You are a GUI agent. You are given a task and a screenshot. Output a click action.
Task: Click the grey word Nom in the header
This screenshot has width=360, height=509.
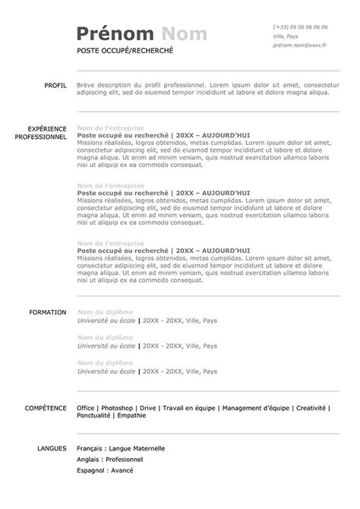tap(185, 34)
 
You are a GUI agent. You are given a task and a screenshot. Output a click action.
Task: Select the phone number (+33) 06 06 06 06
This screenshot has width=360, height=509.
tap(300, 27)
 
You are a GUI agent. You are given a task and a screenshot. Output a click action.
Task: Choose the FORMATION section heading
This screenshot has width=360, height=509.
tap(48, 312)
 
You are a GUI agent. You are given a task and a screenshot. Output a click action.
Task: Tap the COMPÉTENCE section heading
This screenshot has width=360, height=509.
tap(46, 408)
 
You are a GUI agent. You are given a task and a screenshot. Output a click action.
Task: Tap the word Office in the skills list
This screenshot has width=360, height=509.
tap(86, 408)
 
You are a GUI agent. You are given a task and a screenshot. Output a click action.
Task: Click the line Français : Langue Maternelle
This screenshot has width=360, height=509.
tap(121, 449)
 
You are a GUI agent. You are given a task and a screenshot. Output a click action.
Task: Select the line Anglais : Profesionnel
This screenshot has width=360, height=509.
tap(110, 460)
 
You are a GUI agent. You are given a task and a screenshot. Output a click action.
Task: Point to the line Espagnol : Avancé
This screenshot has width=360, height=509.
tap(105, 471)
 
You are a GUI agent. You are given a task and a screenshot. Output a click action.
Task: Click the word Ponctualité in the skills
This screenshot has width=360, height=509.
tap(94, 416)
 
